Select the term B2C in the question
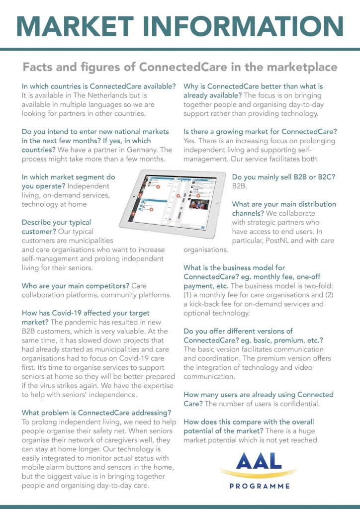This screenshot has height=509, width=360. pos(324,176)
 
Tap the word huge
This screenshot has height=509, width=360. pos(305,431)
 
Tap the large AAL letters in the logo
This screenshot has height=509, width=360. pos(258,461)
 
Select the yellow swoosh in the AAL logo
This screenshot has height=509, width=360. pos(258,473)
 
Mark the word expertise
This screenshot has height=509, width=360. pos(153,385)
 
